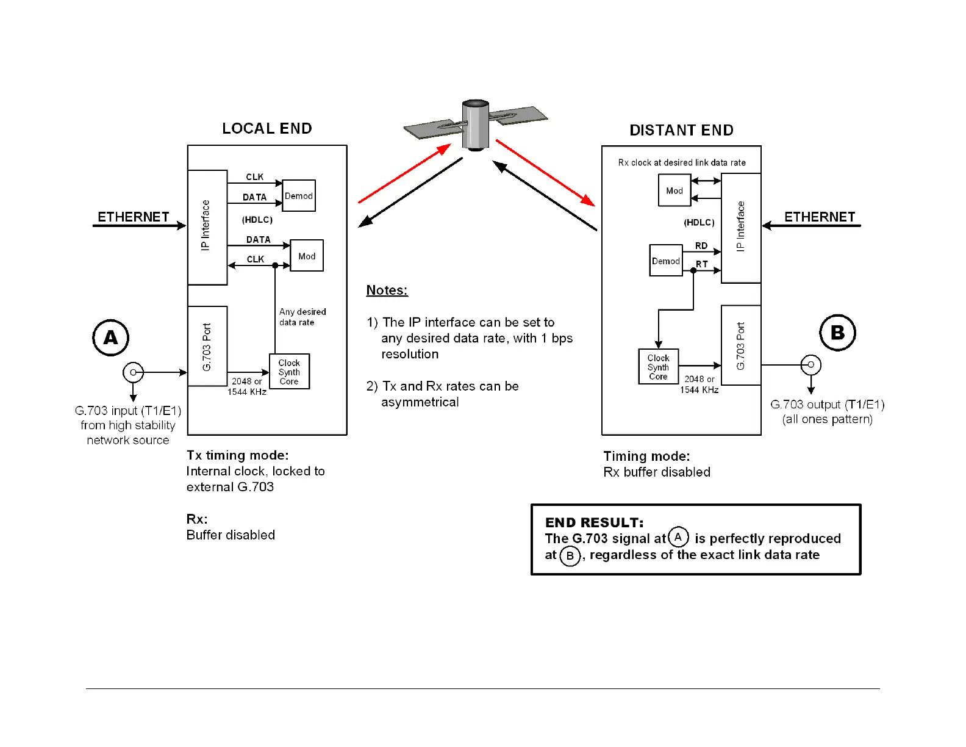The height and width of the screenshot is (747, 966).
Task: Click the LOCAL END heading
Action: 267,128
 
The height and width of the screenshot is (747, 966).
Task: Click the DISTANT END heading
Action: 681,130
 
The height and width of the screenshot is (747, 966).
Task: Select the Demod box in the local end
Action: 299,196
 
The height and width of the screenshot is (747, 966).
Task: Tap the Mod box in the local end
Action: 307,256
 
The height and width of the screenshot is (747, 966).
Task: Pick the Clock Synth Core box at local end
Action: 289,372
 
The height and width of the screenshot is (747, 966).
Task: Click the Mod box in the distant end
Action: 674,190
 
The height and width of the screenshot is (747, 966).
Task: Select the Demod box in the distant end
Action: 665,261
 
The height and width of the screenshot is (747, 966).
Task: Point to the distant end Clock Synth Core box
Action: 658,367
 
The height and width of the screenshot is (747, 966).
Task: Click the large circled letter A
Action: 110,337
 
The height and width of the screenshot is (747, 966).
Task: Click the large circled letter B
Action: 837,333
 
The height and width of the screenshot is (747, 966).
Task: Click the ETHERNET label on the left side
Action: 134,217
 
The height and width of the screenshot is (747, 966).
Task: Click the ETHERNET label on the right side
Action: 820,217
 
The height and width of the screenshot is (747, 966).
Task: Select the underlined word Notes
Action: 387,290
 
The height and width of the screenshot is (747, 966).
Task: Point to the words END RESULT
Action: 594,522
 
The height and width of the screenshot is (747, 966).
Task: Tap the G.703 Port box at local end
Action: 207,346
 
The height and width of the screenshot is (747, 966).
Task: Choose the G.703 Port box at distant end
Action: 740,345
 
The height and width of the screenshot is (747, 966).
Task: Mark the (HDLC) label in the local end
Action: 257,220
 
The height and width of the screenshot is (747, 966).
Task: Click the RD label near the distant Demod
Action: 701,245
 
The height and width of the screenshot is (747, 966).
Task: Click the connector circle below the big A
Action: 133,372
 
